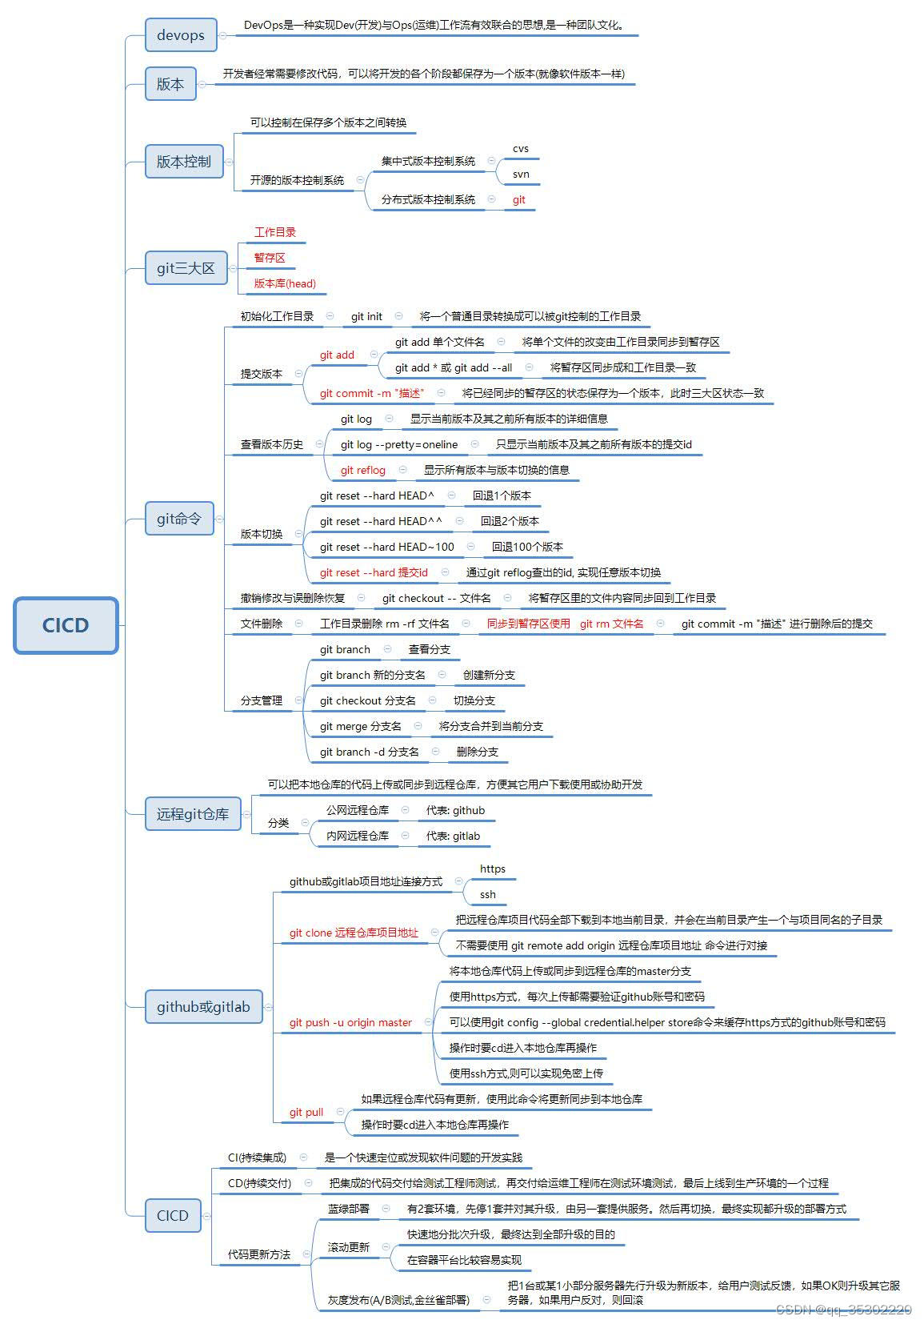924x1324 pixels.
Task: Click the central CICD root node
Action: click(x=66, y=625)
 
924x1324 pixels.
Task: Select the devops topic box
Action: click(x=181, y=35)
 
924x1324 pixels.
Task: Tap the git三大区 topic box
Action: click(x=186, y=268)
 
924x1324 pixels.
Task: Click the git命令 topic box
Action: click(x=179, y=519)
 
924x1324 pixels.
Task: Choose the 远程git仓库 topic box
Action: click(x=193, y=814)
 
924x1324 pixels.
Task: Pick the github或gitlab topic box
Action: click(x=203, y=1007)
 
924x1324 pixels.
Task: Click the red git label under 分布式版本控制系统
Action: click(x=519, y=200)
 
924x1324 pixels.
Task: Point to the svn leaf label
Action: click(x=521, y=174)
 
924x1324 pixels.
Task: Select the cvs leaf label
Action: click(x=521, y=149)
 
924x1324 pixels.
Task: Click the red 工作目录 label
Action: click(x=275, y=232)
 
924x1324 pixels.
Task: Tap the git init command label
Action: click(x=366, y=316)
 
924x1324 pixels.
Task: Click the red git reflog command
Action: click(x=363, y=470)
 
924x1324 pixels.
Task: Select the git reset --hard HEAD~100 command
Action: click(x=387, y=547)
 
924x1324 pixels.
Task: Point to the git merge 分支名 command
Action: click(x=361, y=726)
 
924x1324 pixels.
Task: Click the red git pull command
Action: click(x=306, y=1112)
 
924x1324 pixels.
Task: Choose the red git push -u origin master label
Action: click(x=350, y=1022)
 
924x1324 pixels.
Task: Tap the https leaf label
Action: click(x=493, y=869)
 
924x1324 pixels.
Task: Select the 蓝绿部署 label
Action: click(x=349, y=1209)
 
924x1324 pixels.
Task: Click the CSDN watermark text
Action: click(x=843, y=1310)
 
